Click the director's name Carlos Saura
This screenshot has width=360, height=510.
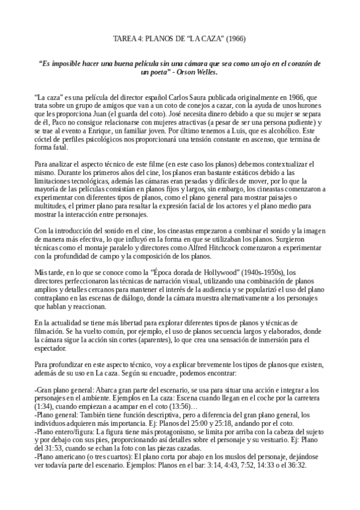(168, 96)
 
